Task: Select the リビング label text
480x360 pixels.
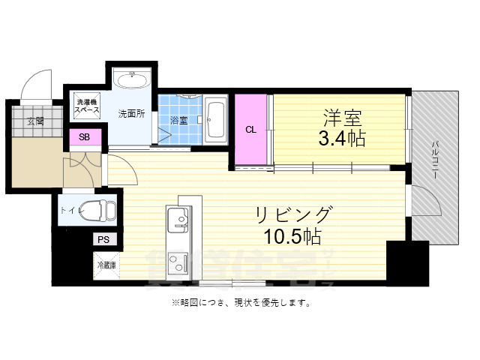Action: click(292, 214)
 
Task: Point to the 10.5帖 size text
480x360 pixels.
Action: click(292, 237)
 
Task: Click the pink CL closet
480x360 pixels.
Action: click(251, 129)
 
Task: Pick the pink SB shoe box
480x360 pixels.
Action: click(85, 137)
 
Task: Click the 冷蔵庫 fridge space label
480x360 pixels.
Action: click(106, 264)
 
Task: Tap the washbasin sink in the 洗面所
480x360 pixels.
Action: click(132, 79)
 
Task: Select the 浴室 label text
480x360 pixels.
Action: click(178, 120)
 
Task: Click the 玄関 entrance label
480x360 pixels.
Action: click(35, 120)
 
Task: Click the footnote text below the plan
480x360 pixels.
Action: click(240, 303)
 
